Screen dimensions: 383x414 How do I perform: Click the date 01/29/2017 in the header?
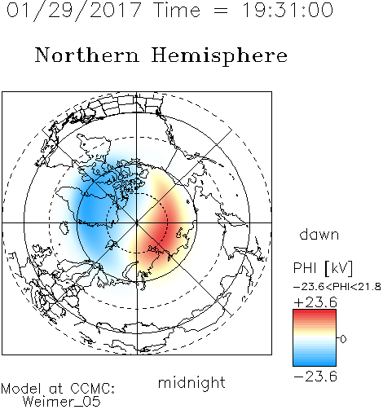[74, 11]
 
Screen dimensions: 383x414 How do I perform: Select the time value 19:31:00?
[288, 10]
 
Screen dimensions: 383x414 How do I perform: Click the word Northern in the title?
[87, 55]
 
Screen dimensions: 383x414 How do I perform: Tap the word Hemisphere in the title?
[219, 56]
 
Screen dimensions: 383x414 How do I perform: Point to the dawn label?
[319, 234]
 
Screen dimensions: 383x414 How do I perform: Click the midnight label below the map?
[191, 383]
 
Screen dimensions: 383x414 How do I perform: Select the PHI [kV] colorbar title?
[323, 268]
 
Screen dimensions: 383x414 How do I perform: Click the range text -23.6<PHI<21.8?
[337, 287]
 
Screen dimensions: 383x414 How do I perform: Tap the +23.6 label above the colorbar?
[315, 302]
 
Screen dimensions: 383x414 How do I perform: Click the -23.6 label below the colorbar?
[315, 377]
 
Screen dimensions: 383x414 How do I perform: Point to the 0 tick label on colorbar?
[343, 339]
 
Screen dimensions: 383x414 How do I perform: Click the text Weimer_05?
[62, 401]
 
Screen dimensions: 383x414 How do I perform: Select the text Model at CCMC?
[58, 389]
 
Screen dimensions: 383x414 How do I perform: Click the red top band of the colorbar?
[315, 312]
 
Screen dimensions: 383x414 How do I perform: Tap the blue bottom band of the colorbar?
[315, 363]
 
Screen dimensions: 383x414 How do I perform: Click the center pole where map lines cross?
[137, 222]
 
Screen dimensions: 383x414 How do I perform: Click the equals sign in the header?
[221, 11]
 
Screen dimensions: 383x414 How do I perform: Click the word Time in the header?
[177, 10]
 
